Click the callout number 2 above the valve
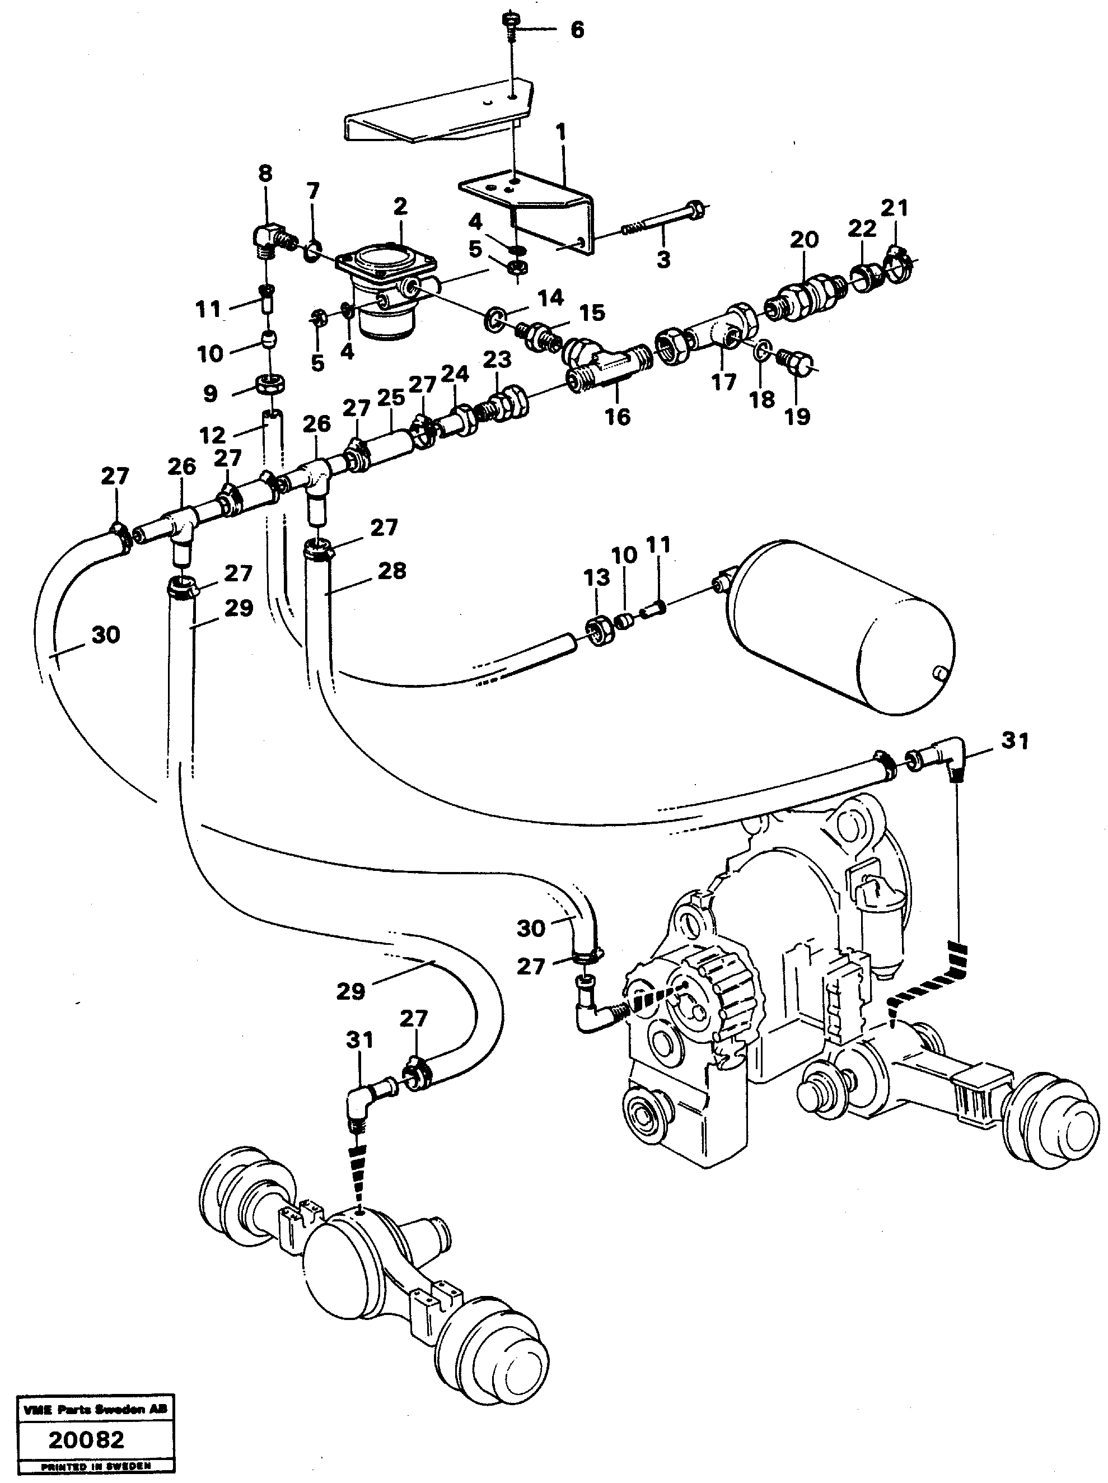point(400,207)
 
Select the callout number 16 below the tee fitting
point(618,416)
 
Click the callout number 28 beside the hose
point(391,571)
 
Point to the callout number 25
point(391,398)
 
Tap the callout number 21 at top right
point(894,208)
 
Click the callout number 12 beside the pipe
point(213,435)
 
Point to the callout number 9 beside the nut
point(211,394)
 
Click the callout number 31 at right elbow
point(1014,741)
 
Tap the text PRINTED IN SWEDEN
point(96,1466)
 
